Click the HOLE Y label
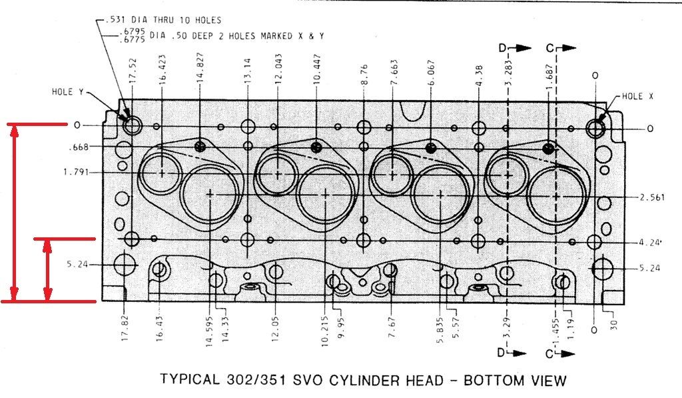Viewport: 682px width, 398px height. pyautogui.click(x=67, y=92)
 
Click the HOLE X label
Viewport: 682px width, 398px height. pyautogui.click(x=637, y=96)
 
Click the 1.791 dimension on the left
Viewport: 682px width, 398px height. pyautogui.click(x=76, y=172)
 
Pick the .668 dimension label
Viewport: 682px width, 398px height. pyautogui.click(x=78, y=147)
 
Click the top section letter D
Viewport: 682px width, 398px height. pyautogui.click(x=504, y=47)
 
